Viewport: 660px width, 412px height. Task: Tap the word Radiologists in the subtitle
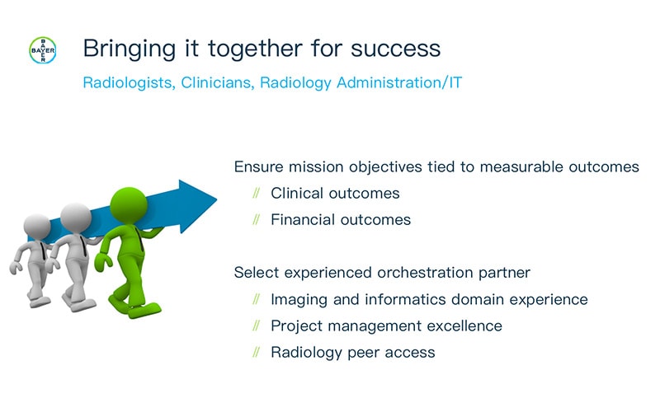pos(125,83)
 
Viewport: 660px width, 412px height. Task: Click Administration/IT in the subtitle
pos(408,83)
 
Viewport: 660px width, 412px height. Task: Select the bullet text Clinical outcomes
pos(335,194)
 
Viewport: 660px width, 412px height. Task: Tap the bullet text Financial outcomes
pos(340,220)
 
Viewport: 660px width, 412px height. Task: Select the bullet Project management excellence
pos(385,325)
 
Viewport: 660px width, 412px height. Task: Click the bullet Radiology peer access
pos(352,352)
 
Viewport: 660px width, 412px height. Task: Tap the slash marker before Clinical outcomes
pos(257,194)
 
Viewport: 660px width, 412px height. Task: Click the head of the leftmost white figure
pos(37,226)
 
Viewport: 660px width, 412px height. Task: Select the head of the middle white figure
pos(75,217)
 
